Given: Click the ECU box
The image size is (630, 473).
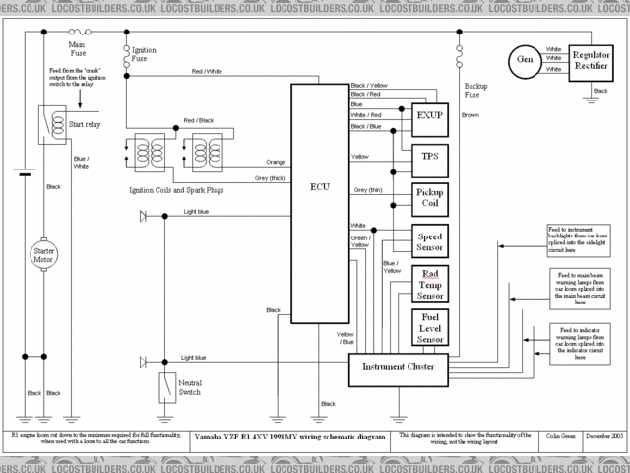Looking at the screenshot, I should point(320,202).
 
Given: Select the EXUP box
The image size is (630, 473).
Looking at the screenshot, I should point(429,115).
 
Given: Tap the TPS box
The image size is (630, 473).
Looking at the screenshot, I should point(429,156).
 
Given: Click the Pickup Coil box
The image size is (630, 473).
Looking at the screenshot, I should point(429,197).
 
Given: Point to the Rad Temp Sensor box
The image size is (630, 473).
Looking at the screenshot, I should point(429,284).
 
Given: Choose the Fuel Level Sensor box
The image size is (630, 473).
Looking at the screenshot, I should point(429,327).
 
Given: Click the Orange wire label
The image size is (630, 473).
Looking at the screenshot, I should point(276,162).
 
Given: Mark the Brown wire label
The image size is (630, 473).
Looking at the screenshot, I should point(471,115).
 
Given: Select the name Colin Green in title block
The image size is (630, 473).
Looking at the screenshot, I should point(556,435).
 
